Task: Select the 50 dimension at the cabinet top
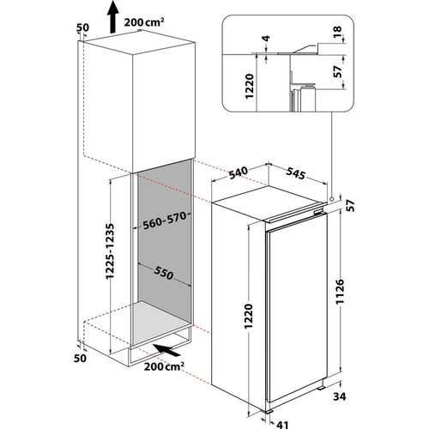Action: [x=82, y=27]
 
